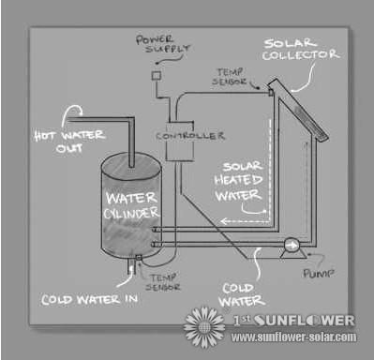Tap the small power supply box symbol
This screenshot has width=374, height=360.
point(157,73)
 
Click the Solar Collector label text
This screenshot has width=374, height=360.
point(300,49)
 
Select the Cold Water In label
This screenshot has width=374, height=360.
point(89,300)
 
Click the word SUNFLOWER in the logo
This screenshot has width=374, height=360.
point(305,320)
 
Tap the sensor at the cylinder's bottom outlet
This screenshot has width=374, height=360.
point(140,260)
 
